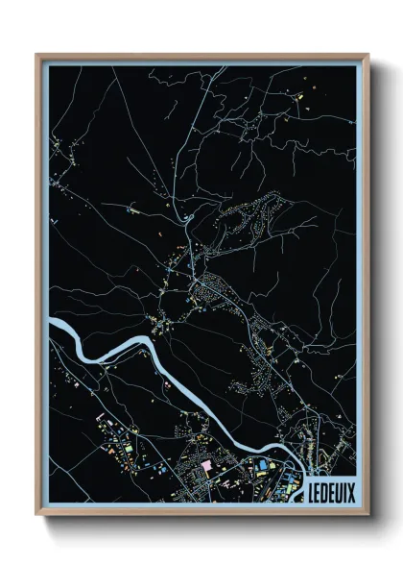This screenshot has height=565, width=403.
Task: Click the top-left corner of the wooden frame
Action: pyautogui.click(x=36, y=55)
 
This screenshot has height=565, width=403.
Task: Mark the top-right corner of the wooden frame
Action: pyautogui.click(x=367, y=55)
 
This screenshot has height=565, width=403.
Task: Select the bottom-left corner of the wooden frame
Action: pyautogui.click(x=36, y=513)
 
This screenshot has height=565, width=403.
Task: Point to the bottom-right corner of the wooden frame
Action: pyautogui.click(x=367, y=513)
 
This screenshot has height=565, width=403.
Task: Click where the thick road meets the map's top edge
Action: pyautogui.click(x=223, y=66)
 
